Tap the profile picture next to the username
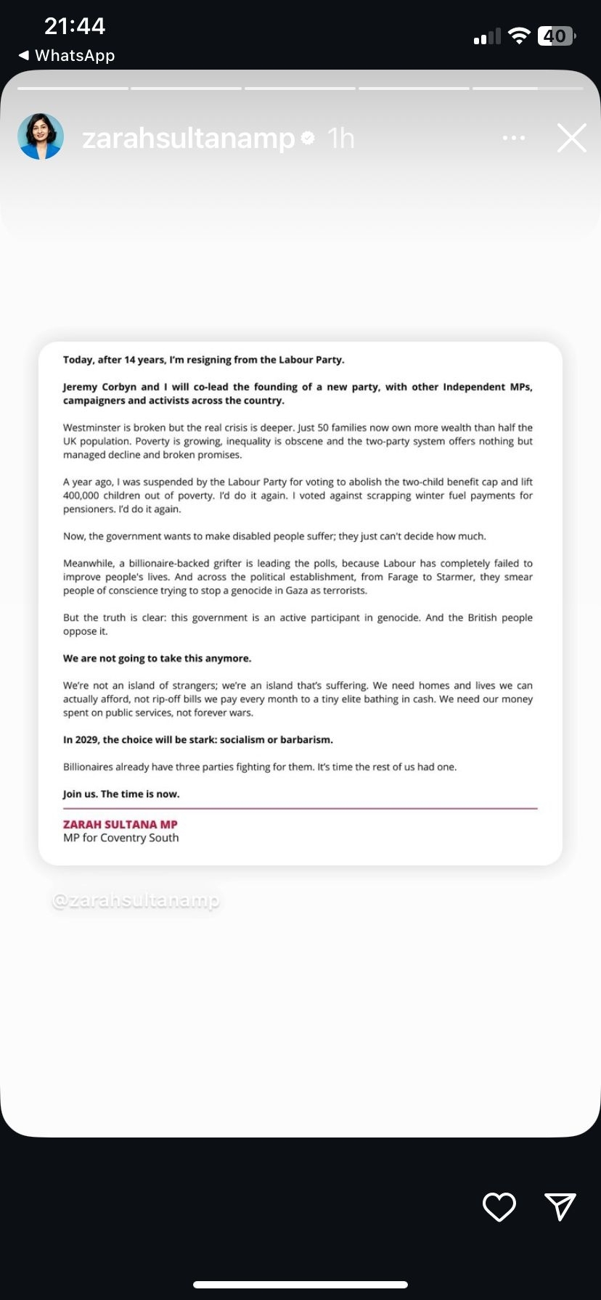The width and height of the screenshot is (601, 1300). click(x=41, y=136)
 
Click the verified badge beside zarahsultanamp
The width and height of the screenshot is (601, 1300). click(x=308, y=138)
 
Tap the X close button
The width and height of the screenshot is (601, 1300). click(x=571, y=138)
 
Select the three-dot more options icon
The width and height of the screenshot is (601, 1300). click(x=514, y=138)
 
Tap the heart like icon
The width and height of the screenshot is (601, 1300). click(x=499, y=1206)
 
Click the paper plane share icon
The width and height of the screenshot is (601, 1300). click(x=560, y=1206)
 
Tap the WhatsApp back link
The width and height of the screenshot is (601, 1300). click(x=67, y=55)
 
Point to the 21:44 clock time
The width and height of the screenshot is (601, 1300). click(x=75, y=26)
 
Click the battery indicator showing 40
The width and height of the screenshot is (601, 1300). click(x=556, y=36)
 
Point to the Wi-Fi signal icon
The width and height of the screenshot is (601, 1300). click(x=519, y=36)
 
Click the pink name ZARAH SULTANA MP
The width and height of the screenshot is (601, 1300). click(x=120, y=824)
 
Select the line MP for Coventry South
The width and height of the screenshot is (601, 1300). click(x=120, y=838)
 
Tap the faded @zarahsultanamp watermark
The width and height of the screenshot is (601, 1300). click(x=136, y=900)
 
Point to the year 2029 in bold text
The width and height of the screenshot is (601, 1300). click(x=88, y=740)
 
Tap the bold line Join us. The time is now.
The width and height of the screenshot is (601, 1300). click(x=121, y=794)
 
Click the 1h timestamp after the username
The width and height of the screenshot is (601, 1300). click(x=340, y=138)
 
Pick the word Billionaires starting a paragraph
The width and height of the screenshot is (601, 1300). click(x=89, y=767)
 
